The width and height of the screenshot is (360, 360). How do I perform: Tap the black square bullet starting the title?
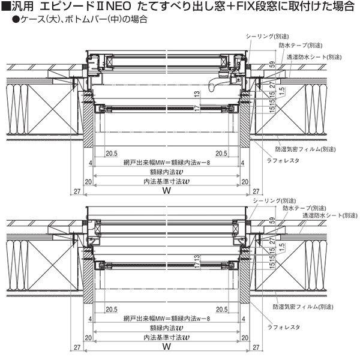[6, 7]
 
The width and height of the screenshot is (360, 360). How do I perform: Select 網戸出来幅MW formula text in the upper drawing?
[164, 162]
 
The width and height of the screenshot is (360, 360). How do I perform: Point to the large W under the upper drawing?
[167, 190]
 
